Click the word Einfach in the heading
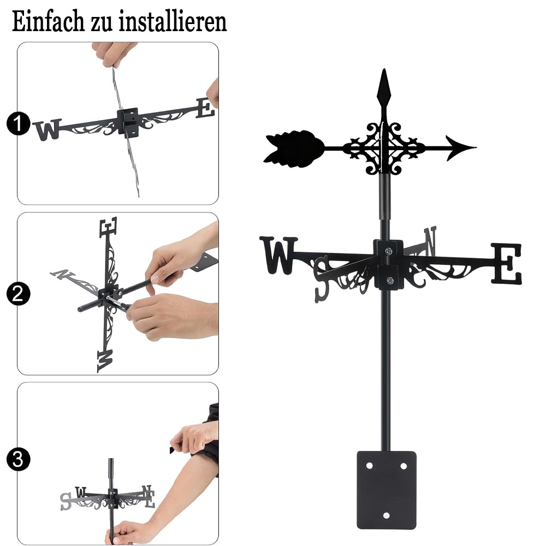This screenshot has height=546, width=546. point(48,22)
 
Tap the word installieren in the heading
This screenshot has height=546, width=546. point(173,22)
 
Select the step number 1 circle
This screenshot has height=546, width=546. point(19,123)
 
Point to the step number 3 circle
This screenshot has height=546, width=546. point(19,459)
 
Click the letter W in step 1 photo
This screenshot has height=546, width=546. point(48,129)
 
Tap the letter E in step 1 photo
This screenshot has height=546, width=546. point(205,108)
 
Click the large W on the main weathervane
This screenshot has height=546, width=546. point(278,255)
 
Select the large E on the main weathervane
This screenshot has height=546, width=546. point(507,264)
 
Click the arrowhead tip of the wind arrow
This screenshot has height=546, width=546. point(476,147)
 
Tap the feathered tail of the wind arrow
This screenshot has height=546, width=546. point(294,149)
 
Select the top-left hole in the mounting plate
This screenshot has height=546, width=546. point(370,466)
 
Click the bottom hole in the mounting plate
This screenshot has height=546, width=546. point(386,515)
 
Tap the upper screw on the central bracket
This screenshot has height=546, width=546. point(389,251)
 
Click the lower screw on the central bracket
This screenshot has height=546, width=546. point(390,280)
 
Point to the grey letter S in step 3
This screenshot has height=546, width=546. point(66,501)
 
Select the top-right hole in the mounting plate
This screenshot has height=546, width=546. point(403,466)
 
